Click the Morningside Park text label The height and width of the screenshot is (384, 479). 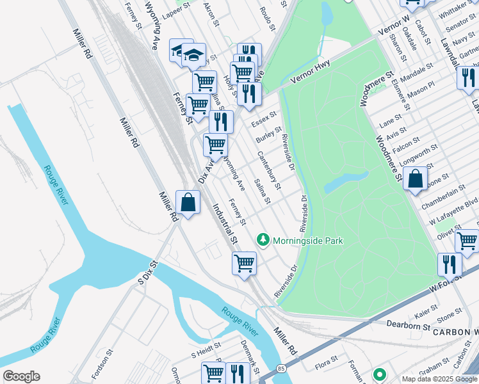pyautogui.click(x=308, y=241)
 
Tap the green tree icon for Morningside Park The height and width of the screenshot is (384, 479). pyautogui.click(x=263, y=240)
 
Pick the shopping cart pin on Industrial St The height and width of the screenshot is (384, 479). pyautogui.click(x=244, y=263)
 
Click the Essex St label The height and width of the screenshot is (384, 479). pyautogui.click(x=263, y=118)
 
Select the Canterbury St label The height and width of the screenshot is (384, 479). pyautogui.click(x=269, y=170)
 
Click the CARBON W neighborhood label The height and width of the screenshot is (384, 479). pyautogui.click(x=455, y=333)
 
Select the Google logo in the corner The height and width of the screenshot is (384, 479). pyautogui.click(x=21, y=376)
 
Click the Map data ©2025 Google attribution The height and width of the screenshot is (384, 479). pyautogui.click(x=439, y=379)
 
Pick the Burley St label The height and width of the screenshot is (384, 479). pyautogui.click(x=269, y=134)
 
